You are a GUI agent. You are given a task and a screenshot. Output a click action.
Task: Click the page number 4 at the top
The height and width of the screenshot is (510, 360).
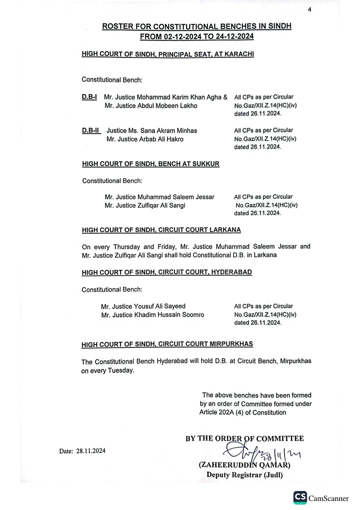click(x=309, y=10)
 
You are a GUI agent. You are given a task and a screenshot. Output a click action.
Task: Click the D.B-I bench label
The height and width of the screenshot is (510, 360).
click(x=89, y=97)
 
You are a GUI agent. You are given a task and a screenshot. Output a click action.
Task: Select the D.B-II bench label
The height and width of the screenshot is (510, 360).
click(x=91, y=130)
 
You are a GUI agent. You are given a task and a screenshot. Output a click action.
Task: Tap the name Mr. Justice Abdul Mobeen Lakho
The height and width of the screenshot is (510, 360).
click(x=151, y=106)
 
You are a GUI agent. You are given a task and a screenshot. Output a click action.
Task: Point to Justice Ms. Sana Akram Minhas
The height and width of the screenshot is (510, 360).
click(x=152, y=131)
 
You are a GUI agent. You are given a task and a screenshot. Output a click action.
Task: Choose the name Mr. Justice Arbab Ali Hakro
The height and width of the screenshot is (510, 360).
click(x=145, y=139)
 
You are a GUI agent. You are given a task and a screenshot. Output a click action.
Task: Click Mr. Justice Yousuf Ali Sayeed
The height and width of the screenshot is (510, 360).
click(x=143, y=306)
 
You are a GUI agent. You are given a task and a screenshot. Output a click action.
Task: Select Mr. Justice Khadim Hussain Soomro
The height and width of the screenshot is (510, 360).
click(x=153, y=315)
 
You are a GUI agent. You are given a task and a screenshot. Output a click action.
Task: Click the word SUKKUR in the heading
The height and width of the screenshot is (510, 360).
click(x=206, y=164)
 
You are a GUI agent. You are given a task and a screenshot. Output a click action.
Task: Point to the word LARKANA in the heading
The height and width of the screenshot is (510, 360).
click(x=225, y=230)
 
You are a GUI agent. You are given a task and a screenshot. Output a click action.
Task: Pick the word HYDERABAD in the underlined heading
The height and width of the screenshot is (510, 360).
click(x=231, y=272)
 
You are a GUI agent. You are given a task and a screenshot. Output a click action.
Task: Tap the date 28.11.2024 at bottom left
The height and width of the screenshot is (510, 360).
click(x=91, y=451)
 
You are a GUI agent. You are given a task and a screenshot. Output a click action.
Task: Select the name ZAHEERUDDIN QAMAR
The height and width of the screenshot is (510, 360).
click(x=244, y=465)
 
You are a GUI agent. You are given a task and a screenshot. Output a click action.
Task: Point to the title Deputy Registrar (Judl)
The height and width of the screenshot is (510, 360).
click(x=244, y=475)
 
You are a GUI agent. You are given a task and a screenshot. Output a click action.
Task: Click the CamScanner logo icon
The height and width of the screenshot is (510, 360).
click(x=300, y=498)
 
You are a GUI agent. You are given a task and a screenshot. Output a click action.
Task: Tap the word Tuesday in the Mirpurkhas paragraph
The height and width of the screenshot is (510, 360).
click(x=121, y=370)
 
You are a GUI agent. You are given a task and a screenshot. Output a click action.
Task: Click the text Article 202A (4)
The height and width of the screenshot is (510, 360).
click(x=221, y=412)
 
